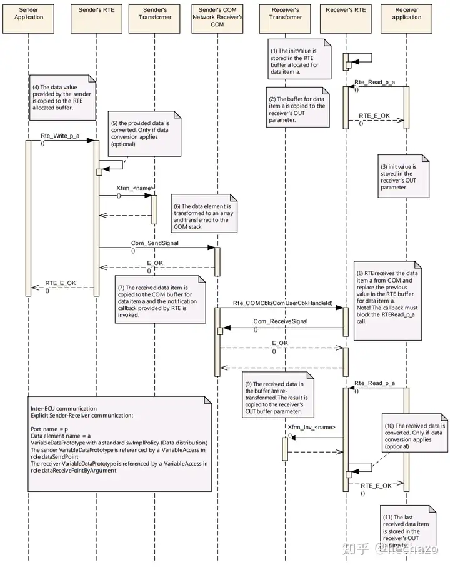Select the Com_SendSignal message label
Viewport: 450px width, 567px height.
click(154, 243)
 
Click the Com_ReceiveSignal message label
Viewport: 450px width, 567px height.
click(281, 321)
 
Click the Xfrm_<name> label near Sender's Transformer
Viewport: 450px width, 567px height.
click(136, 188)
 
